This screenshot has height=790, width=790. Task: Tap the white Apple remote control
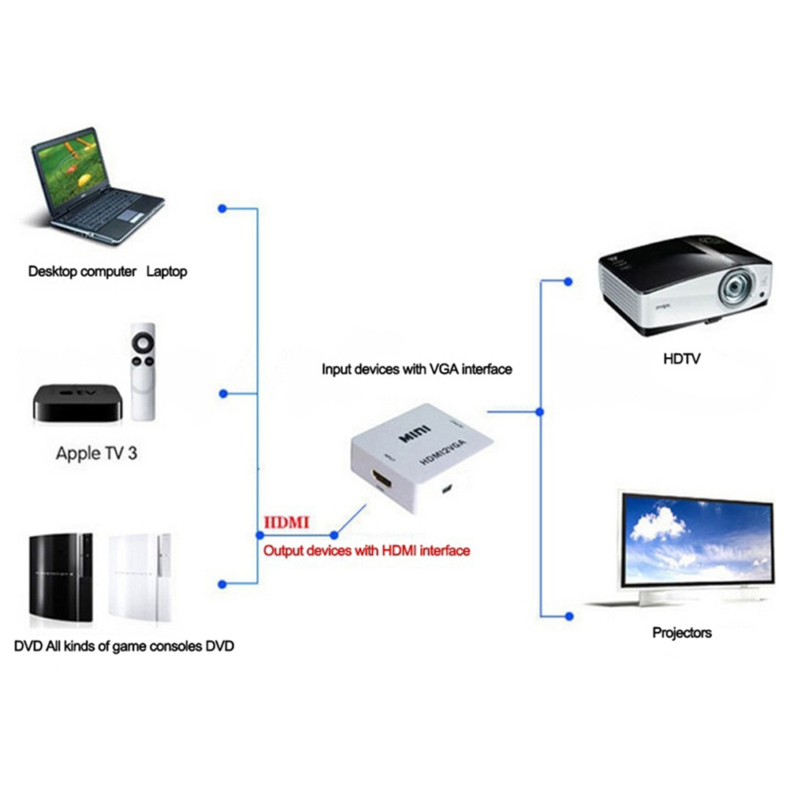(143, 371)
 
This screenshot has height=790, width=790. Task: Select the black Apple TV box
(77, 404)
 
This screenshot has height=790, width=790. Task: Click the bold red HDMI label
(287, 522)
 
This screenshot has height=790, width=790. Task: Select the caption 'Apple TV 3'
(96, 453)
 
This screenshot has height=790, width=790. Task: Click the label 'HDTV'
(682, 360)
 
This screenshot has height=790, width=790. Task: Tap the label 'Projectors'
(682, 632)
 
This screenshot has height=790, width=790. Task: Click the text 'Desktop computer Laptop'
(108, 272)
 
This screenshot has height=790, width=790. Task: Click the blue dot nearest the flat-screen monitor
(567, 615)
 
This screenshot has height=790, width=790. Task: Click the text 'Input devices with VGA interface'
(417, 369)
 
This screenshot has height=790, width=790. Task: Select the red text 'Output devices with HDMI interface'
(367, 550)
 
